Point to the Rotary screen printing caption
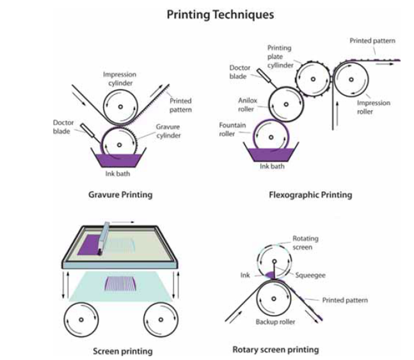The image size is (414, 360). (x=276, y=350)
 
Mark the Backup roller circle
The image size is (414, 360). (x=276, y=304)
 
